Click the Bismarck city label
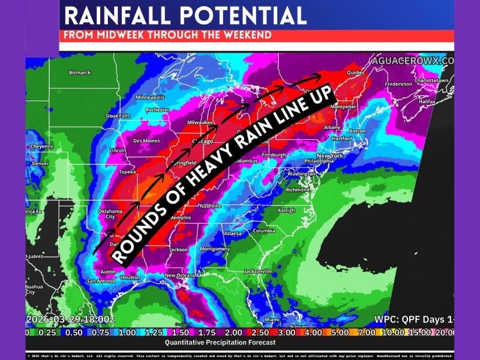point(80,73)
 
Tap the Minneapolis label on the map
point(150,97)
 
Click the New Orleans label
point(181,275)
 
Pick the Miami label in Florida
point(272,319)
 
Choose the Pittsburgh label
point(274,155)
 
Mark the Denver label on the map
point(40,163)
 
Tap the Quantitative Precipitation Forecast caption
point(220,342)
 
